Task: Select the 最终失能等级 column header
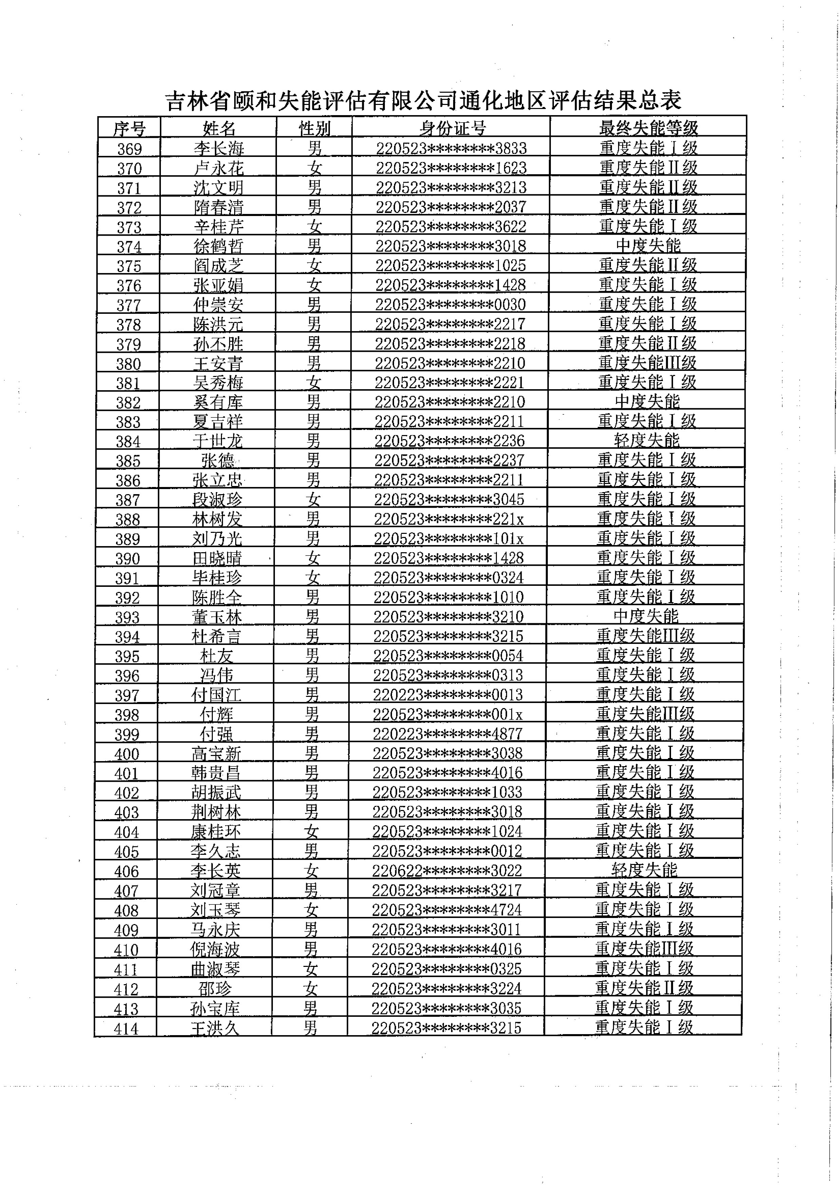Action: coord(648,127)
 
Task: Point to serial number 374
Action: coord(129,246)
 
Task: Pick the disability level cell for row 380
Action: coord(647,363)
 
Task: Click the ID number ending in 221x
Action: coord(449,519)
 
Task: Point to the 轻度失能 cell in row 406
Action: coord(644,870)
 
